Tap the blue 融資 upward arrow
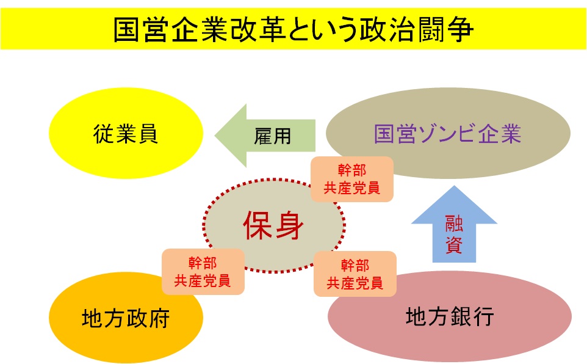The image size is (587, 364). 453,226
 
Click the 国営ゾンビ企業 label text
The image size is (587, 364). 448,134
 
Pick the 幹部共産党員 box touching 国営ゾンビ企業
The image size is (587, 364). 351,179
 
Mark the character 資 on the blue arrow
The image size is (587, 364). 453,246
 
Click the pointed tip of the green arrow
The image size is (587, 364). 215,135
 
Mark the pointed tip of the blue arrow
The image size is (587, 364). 454,186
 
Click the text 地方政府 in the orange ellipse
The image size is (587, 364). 125,319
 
